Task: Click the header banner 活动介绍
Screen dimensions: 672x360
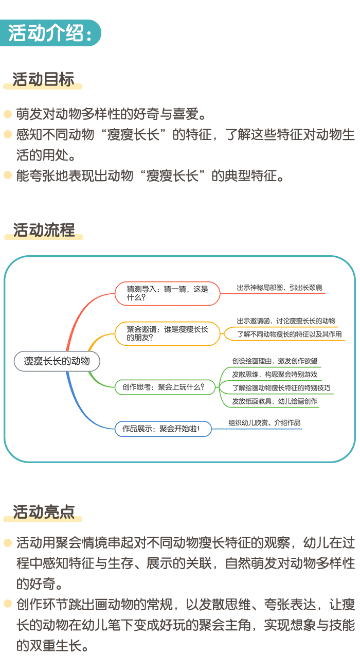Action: coord(50,33)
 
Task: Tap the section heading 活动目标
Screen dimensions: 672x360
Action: coord(43,79)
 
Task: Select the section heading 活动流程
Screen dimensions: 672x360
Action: coord(44,229)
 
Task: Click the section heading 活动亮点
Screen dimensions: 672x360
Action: coord(44,511)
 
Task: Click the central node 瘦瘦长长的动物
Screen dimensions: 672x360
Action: coord(57,361)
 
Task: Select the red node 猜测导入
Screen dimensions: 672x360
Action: coord(168,293)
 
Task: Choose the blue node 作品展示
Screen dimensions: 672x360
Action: coord(163,429)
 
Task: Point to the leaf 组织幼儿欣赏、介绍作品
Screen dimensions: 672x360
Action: coord(264,423)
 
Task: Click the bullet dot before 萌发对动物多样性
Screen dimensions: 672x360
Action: coord(8,113)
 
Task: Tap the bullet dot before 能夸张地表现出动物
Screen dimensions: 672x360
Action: coord(8,175)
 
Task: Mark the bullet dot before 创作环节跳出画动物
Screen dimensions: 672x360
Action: coord(8,603)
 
